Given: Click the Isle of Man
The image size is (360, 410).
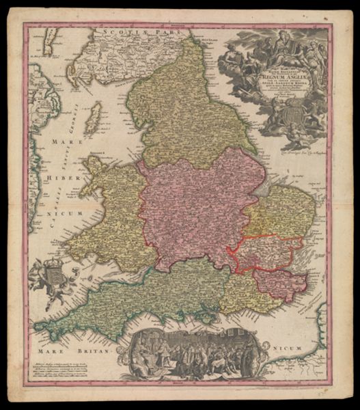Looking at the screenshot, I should tap(95, 115).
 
